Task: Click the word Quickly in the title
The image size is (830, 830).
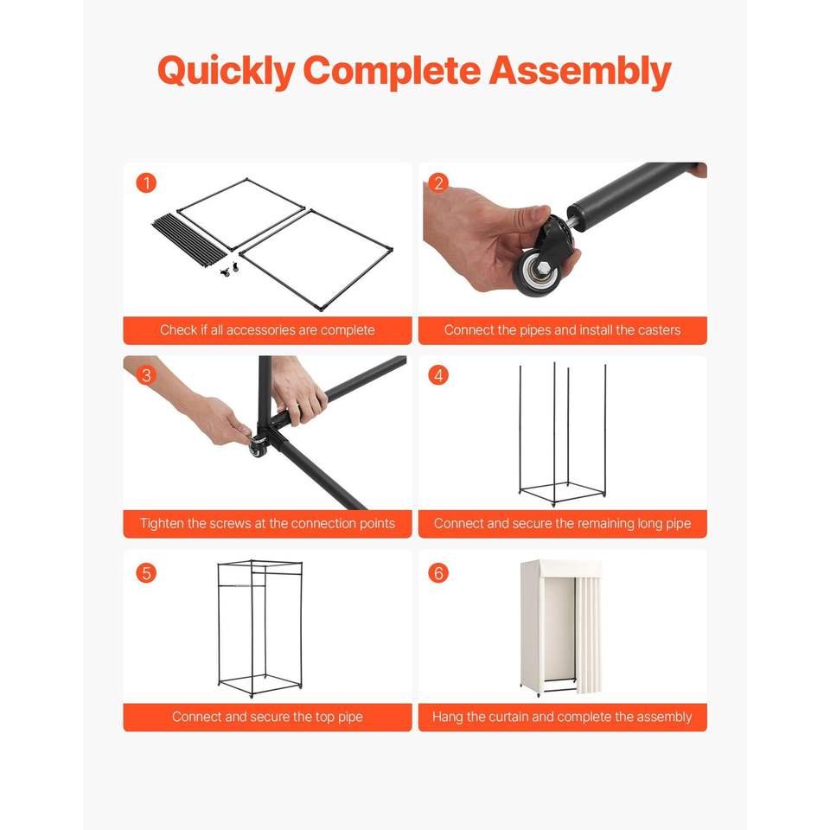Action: pyautogui.click(x=226, y=72)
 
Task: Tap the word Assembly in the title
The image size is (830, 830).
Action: pyautogui.click(x=580, y=71)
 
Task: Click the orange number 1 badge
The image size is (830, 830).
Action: pyautogui.click(x=146, y=183)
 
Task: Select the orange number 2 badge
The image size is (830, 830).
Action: pyautogui.click(x=438, y=183)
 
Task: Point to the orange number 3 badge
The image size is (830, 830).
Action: pyautogui.click(x=146, y=375)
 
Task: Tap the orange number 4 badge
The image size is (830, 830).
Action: pyautogui.click(x=438, y=375)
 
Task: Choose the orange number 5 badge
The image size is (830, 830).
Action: pyautogui.click(x=146, y=572)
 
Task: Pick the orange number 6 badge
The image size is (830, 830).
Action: pyautogui.click(x=438, y=572)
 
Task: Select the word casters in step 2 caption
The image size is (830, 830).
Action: pyautogui.click(x=659, y=330)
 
